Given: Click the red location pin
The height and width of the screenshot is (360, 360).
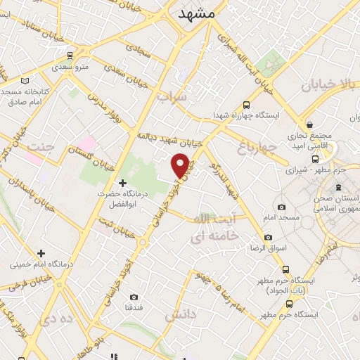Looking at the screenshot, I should click(x=181, y=165).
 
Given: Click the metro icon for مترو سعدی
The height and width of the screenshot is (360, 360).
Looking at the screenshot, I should click(x=69, y=55).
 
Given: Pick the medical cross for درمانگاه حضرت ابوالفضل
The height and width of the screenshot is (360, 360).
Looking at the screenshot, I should click(x=124, y=183).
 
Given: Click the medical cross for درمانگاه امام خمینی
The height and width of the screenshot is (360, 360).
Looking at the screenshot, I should click(x=41, y=253).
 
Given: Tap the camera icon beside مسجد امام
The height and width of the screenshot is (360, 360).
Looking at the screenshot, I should click(x=282, y=207).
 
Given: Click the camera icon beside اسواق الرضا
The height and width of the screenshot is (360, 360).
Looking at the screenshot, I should click(x=268, y=238).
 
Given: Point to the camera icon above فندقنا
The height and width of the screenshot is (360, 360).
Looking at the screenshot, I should click(x=134, y=297).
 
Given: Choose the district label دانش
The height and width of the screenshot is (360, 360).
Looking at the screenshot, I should click(x=180, y=316).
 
